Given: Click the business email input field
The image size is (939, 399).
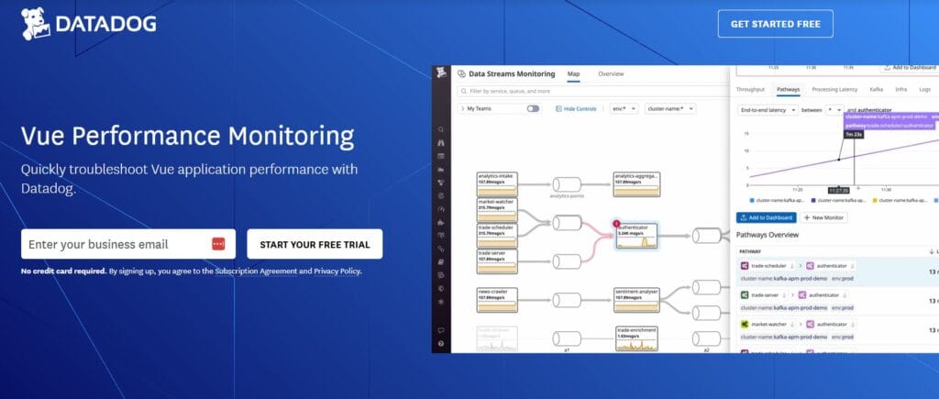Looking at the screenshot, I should point(110,244).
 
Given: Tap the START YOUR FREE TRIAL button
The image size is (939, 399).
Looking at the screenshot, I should point(315,245).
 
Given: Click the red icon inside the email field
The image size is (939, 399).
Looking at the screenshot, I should point(218,244).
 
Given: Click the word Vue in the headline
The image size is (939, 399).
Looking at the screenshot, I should point(43,138).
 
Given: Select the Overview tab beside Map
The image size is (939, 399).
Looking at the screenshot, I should point(611,73).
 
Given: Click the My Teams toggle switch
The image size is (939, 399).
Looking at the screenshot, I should point(533,108).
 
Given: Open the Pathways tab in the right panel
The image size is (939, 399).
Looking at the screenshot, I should point(788,89).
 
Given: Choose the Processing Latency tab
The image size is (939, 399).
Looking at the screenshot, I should point(834,89).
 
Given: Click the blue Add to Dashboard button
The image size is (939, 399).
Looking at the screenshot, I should point(765,217).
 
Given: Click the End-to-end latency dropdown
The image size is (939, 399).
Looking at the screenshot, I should point(766,109).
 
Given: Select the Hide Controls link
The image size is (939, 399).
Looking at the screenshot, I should point(577,108).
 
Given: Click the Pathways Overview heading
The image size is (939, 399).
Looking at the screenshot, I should point(768,235).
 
